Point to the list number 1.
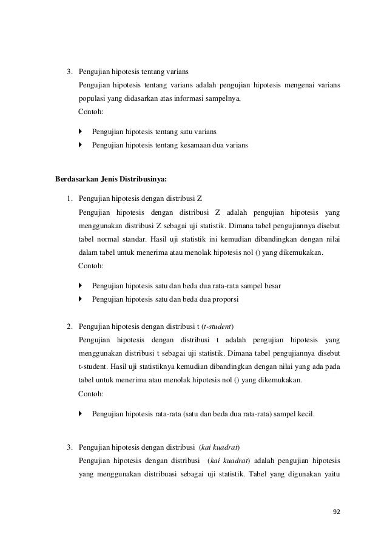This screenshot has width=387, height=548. click(70, 198)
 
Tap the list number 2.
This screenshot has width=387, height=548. click(70, 327)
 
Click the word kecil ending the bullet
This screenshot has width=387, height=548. click(304, 414)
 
